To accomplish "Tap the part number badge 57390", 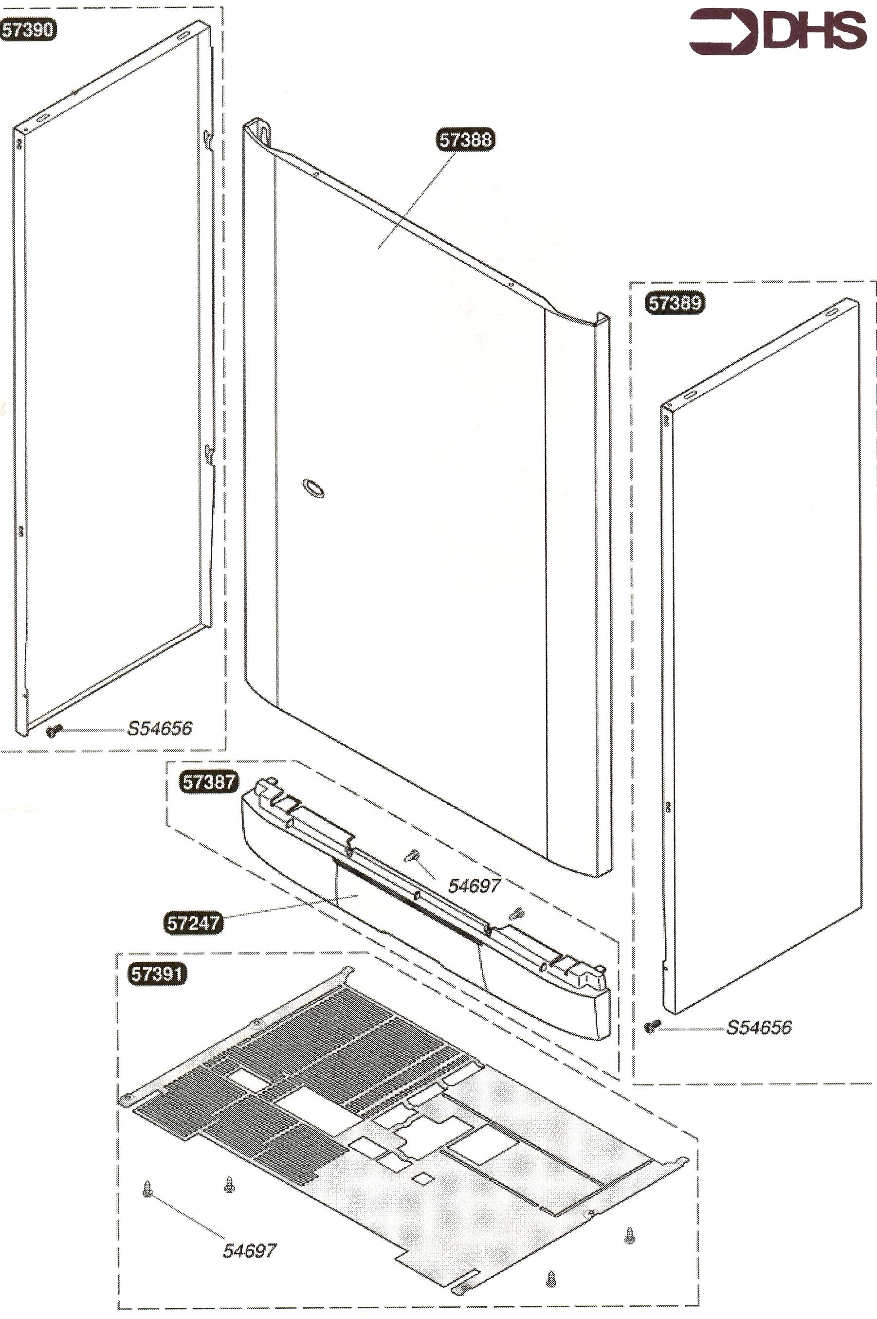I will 28,30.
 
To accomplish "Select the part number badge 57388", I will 465,139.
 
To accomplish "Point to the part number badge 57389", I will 675,303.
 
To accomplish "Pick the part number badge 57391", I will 157,974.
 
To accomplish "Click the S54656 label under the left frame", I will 160,728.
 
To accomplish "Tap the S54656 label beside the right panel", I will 758,1027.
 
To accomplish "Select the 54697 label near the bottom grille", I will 250,1251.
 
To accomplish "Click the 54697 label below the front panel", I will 474,885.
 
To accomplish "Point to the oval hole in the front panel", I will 313,488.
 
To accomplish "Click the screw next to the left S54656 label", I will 54,730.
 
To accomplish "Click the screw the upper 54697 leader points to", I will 412,855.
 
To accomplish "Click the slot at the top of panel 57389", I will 832,311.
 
